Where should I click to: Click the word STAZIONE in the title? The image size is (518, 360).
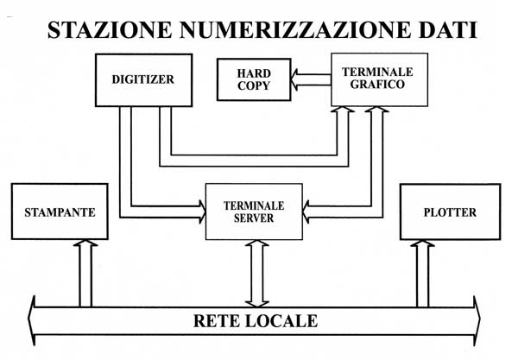pos(110,30)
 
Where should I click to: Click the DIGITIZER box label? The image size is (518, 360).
pos(143,79)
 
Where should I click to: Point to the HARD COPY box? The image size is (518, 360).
pos(254,79)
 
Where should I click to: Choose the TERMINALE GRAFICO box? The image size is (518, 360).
pos(380,79)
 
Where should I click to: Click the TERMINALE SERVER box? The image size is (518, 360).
pos(254,212)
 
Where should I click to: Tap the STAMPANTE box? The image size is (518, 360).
pos(60,212)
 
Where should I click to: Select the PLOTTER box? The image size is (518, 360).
pos(451,212)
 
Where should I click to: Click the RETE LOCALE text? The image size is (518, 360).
pos(256,321)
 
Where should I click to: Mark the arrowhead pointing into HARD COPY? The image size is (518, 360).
pos(294,79)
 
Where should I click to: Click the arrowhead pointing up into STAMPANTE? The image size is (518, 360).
pos(85,243)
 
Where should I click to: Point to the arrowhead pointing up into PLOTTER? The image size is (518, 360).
pos(422,243)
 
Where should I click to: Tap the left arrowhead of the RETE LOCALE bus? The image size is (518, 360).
pos(31,320)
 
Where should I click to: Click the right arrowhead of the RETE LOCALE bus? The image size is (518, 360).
pos(477,320)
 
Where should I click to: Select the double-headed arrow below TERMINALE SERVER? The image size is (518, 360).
pos(257,274)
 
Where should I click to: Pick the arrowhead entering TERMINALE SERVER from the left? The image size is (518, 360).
pos(202,212)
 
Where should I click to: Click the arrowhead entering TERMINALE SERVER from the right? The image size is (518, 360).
pos(306,212)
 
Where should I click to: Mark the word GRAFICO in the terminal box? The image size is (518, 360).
pos(377,85)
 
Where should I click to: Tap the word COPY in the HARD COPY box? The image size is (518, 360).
pos(254,85)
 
